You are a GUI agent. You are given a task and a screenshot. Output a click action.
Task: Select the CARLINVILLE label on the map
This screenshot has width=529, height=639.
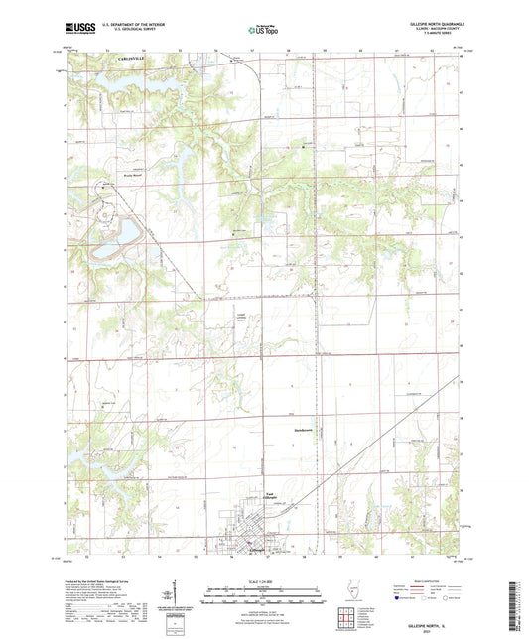pyautogui.click(x=123, y=61)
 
